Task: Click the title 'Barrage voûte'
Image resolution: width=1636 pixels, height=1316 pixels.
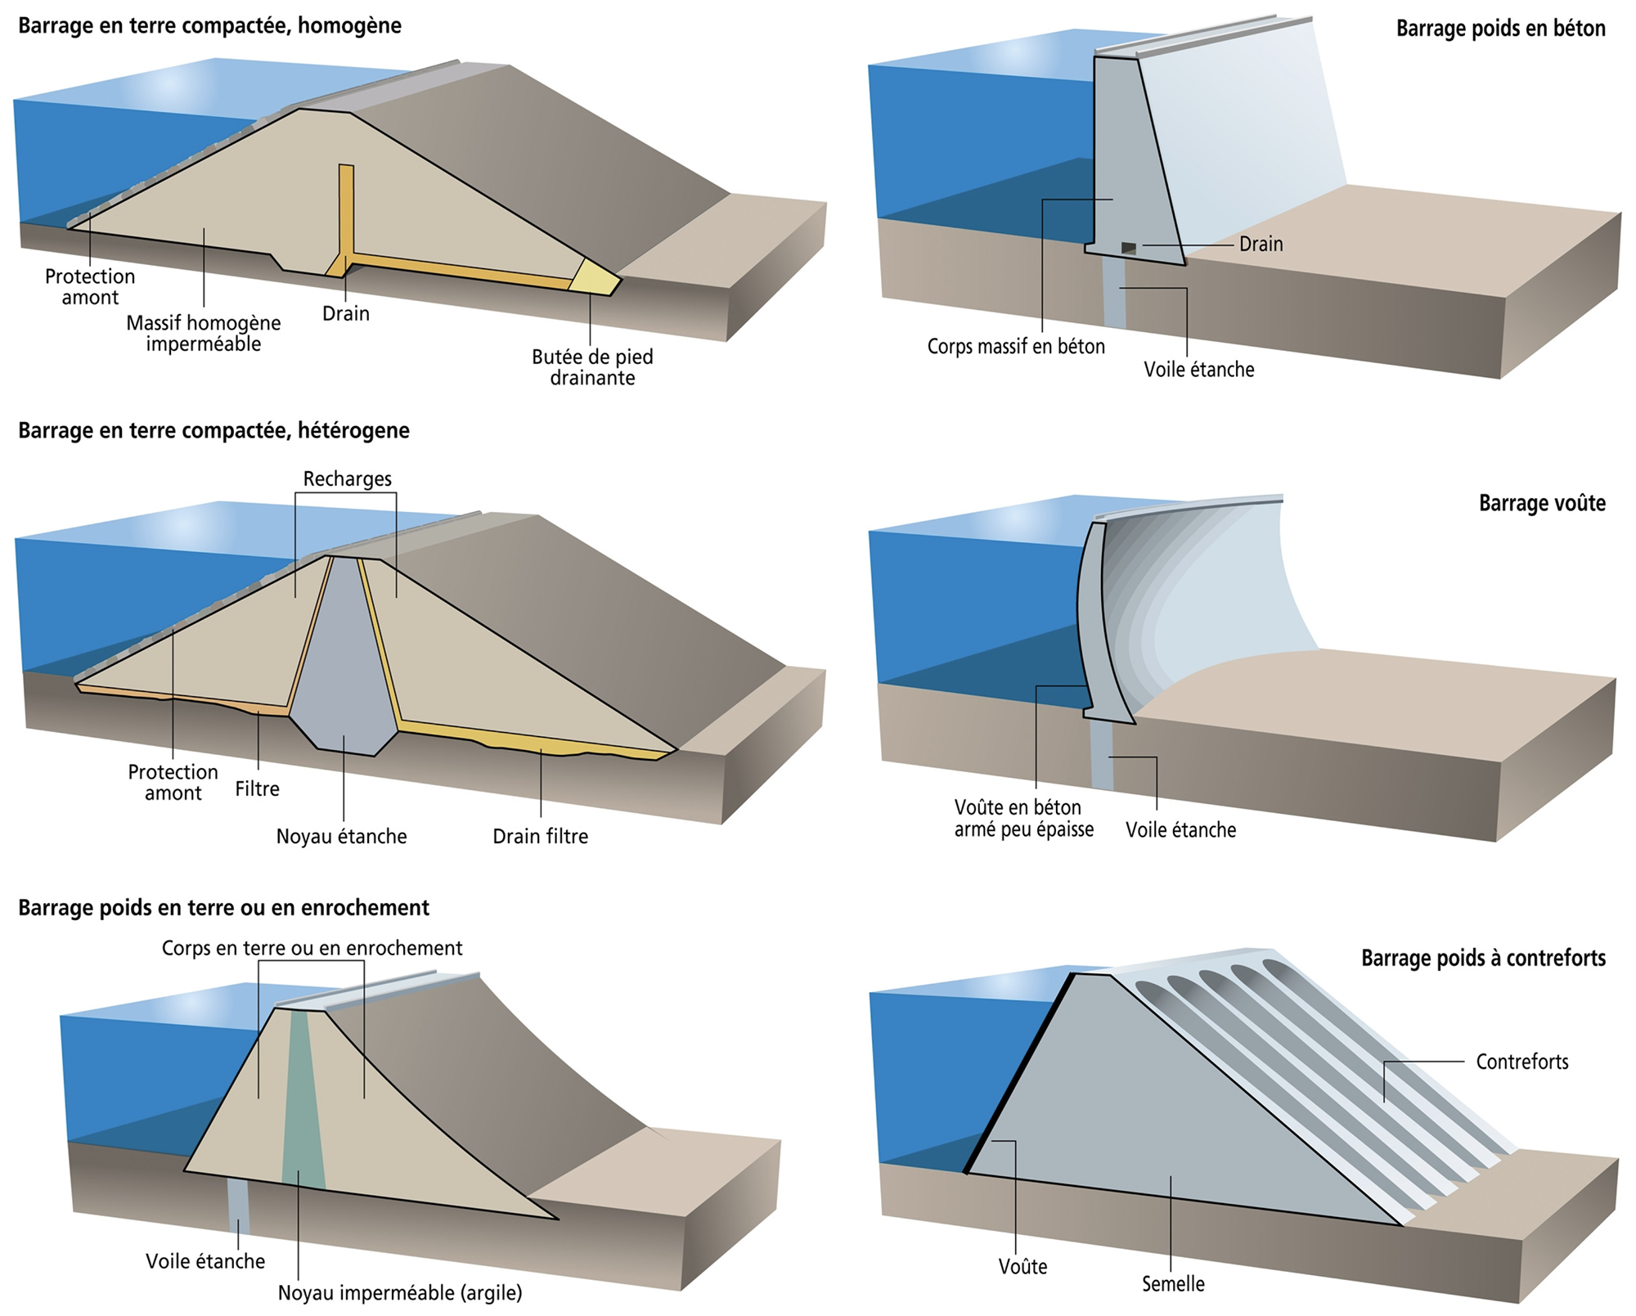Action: coord(1541,503)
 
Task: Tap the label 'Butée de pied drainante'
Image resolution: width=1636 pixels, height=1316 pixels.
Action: coord(592,367)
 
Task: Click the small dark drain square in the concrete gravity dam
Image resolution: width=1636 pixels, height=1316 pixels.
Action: coord(1129,247)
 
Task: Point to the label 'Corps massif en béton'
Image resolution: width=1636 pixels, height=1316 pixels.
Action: coord(1016,347)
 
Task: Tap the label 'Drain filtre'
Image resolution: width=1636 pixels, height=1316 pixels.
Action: coord(540,836)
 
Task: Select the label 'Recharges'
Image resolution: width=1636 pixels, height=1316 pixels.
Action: coord(347,478)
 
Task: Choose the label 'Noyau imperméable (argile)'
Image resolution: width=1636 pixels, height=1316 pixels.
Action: coord(400,1292)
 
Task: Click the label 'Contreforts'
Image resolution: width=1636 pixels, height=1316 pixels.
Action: coord(1521,1062)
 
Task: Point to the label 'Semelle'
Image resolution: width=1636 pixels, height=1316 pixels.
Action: coord(1173,1283)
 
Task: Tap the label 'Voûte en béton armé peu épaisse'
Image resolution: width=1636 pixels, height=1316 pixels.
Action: coord(1023,818)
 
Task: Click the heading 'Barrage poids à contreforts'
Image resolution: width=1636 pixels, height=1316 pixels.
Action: coord(1483,958)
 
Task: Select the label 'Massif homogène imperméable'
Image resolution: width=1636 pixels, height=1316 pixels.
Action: coord(203,333)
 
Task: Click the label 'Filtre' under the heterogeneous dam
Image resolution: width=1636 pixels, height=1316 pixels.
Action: coord(257,788)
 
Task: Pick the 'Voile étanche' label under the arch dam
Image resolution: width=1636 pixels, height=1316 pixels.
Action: coord(1180,830)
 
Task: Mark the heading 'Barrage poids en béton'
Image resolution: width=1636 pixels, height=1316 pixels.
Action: coord(1500,29)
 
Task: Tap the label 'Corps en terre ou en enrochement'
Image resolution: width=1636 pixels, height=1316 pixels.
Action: coord(312,948)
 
